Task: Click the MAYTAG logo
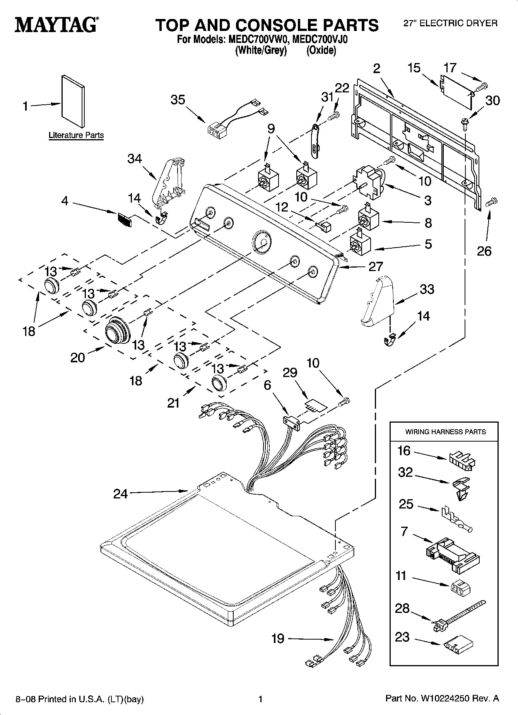click(x=56, y=24)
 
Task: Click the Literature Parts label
click(x=76, y=135)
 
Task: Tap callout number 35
click(x=178, y=100)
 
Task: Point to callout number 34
click(x=135, y=159)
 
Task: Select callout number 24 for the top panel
click(x=120, y=494)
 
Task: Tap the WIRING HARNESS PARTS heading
click(x=445, y=432)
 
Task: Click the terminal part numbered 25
click(x=456, y=521)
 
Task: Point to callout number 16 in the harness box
click(x=404, y=451)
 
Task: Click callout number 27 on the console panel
click(x=376, y=266)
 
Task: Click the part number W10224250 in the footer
click(x=444, y=699)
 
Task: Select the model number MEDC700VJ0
click(x=321, y=40)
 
